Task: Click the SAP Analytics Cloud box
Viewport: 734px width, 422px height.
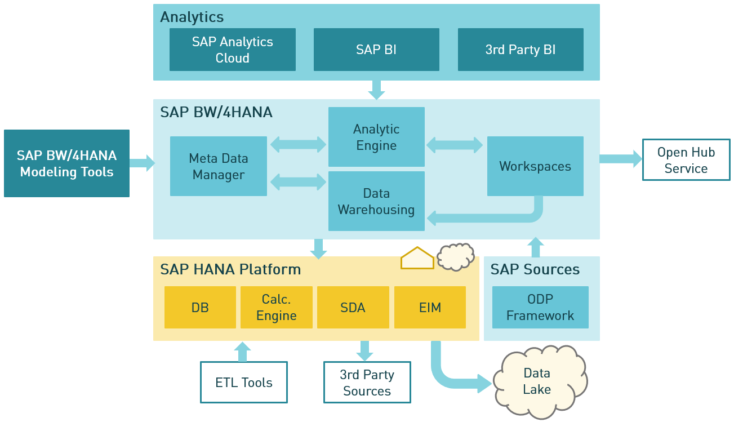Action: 232,50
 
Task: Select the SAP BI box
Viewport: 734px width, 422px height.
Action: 376,50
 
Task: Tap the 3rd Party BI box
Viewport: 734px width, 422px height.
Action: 520,50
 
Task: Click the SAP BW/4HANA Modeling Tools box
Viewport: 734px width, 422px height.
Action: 66,163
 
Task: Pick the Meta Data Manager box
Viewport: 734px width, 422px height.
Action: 218,166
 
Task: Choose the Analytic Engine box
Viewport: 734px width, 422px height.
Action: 376,137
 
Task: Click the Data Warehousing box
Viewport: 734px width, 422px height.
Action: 376,201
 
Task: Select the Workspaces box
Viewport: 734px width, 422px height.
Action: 535,166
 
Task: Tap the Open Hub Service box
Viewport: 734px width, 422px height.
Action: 686,160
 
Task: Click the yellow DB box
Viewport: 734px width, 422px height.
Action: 199,307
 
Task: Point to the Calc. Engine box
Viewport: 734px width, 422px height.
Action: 276,307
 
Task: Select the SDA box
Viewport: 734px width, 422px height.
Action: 353,307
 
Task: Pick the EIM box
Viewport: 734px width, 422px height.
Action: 429,307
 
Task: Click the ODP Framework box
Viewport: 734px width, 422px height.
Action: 540,307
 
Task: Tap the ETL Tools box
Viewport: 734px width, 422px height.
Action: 243,383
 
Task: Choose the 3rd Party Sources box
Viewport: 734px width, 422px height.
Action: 367,383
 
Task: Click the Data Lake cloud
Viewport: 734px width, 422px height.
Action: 538,381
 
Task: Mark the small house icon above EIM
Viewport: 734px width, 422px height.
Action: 417,259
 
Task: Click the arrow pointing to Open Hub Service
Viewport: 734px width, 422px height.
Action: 620,159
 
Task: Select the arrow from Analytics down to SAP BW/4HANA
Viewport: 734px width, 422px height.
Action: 376,90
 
